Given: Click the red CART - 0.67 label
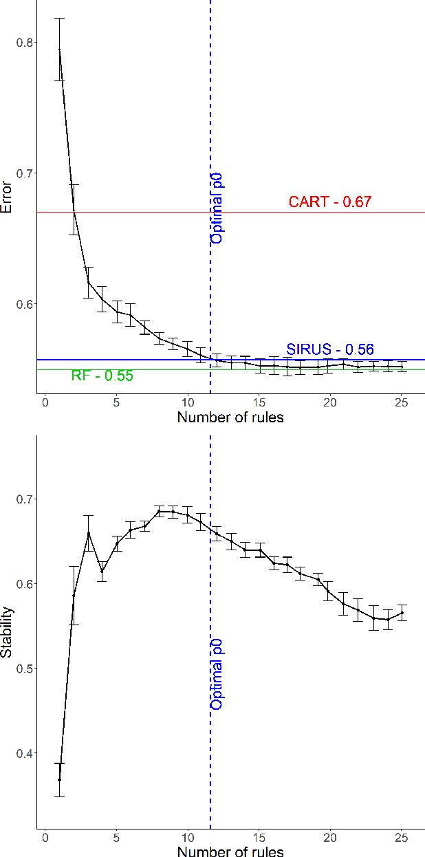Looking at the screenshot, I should click(329, 202).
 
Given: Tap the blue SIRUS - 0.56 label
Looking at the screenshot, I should click(329, 349).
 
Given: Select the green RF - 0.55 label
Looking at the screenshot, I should click(102, 376).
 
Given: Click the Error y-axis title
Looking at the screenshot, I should click(7, 198).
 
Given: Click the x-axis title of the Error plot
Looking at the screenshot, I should click(230, 417).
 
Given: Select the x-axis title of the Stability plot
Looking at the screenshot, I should click(230, 851).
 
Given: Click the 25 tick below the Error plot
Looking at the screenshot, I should click(402, 402).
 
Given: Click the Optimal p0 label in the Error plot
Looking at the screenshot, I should click(217, 208).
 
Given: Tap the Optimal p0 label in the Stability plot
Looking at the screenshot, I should click(217, 674).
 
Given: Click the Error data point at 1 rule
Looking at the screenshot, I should click(59, 50).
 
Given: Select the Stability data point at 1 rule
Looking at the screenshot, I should click(59, 780).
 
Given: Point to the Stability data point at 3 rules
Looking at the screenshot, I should click(88, 533).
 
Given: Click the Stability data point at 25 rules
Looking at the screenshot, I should click(402, 612).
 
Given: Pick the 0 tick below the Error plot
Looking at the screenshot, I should click(45, 402).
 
